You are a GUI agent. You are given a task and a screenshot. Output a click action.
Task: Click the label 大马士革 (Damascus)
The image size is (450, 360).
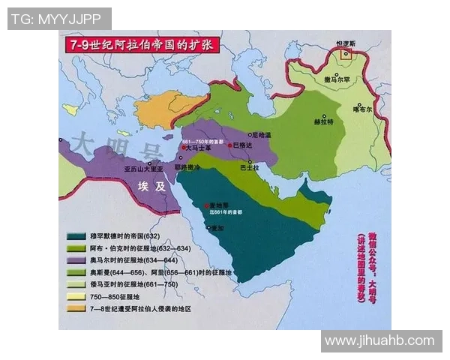point(199,149)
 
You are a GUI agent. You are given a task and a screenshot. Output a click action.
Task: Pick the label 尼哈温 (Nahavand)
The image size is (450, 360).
point(259,133)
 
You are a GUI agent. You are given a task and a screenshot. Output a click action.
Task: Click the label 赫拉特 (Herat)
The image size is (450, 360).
point(324,121)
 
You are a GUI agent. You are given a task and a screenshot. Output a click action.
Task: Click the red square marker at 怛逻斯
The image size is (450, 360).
point(346,54)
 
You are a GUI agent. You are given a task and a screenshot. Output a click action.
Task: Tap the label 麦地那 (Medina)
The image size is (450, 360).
point(218,205)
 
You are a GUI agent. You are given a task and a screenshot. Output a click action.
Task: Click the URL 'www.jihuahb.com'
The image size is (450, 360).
point(380,341)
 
